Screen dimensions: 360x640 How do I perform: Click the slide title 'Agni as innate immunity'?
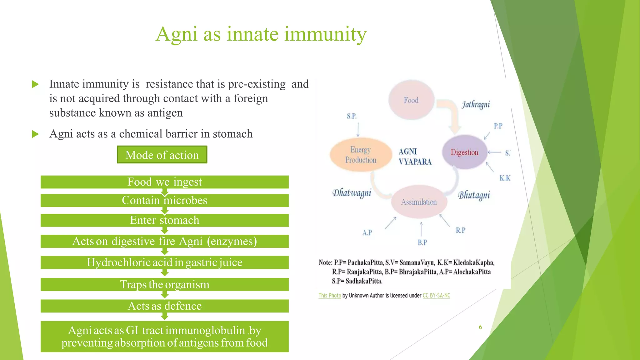[261, 34]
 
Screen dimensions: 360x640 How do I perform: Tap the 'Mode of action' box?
[162, 155]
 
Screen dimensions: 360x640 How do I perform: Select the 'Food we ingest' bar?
[164, 182]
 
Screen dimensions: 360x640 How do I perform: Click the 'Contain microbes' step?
[164, 200]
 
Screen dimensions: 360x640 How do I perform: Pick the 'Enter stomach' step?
[164, 220]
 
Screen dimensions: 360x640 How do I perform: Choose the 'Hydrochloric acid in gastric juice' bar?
[164, 262]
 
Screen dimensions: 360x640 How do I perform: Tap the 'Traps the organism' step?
[164, 285]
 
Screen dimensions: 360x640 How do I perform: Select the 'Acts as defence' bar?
[164, 306]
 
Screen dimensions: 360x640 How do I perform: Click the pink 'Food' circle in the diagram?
[411, 100]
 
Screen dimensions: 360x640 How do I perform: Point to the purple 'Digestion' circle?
[464, 152]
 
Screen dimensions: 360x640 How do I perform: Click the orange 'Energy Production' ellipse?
[361, 155]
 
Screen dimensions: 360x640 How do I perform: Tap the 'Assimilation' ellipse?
[419, 202]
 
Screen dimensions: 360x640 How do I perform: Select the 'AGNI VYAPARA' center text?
[414, 157]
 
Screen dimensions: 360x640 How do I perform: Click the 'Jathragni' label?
[476, 104]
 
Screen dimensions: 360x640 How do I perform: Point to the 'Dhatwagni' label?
[352, 193]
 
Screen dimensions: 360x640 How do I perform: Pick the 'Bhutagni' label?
[474, 195]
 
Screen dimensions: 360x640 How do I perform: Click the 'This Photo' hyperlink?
[330, 295]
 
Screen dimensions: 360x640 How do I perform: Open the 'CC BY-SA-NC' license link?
[436, 295]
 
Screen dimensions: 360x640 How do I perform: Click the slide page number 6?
[480, 327]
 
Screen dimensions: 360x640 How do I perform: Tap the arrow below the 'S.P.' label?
[358, 130]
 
